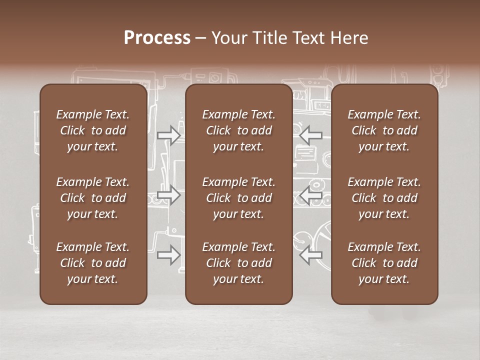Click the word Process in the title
click(157, 38)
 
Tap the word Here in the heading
click(349, 38)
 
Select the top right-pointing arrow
click(168, 135)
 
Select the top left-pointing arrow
click(311, 135)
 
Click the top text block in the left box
click(93, 130)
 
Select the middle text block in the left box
click(93, 198)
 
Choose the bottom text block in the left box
click(93, 263)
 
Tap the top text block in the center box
click(238, 130)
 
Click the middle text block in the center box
click(238, 198)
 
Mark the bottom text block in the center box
click(238, 263)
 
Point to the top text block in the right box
click(384, 130)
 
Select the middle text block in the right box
click(384, 198)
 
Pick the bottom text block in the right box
click(384, 263)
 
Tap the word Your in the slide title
click(228, 38)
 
